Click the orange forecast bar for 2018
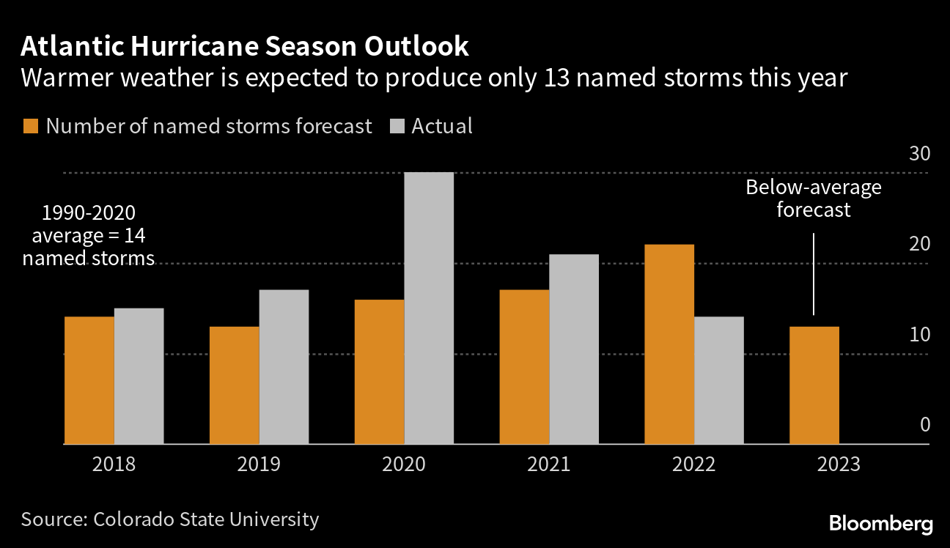coord(89,380)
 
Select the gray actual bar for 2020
coord(429,308)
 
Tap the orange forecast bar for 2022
coord(669,344)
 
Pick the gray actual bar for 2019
coord(284,367)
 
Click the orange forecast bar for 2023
coord(814,385)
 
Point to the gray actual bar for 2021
coord(574,349)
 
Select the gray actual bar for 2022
coord(719,380)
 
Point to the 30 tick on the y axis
coord(919,155)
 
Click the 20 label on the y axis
coord(919,245)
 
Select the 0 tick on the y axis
coord(924,425)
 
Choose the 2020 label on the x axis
coord(404,464)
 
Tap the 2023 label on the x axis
coord(839,464)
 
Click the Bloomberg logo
coord(881,524)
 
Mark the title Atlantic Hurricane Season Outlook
coord(245,47)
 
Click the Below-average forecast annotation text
coord(814,199)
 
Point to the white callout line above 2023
coord(814,274)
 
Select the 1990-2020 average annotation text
coord(89,235)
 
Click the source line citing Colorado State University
coord(170,519)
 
